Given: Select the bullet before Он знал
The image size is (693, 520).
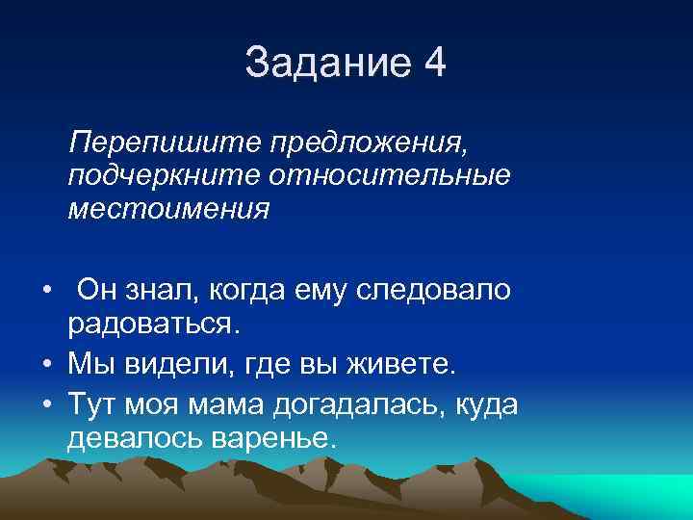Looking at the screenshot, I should point(46,291).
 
